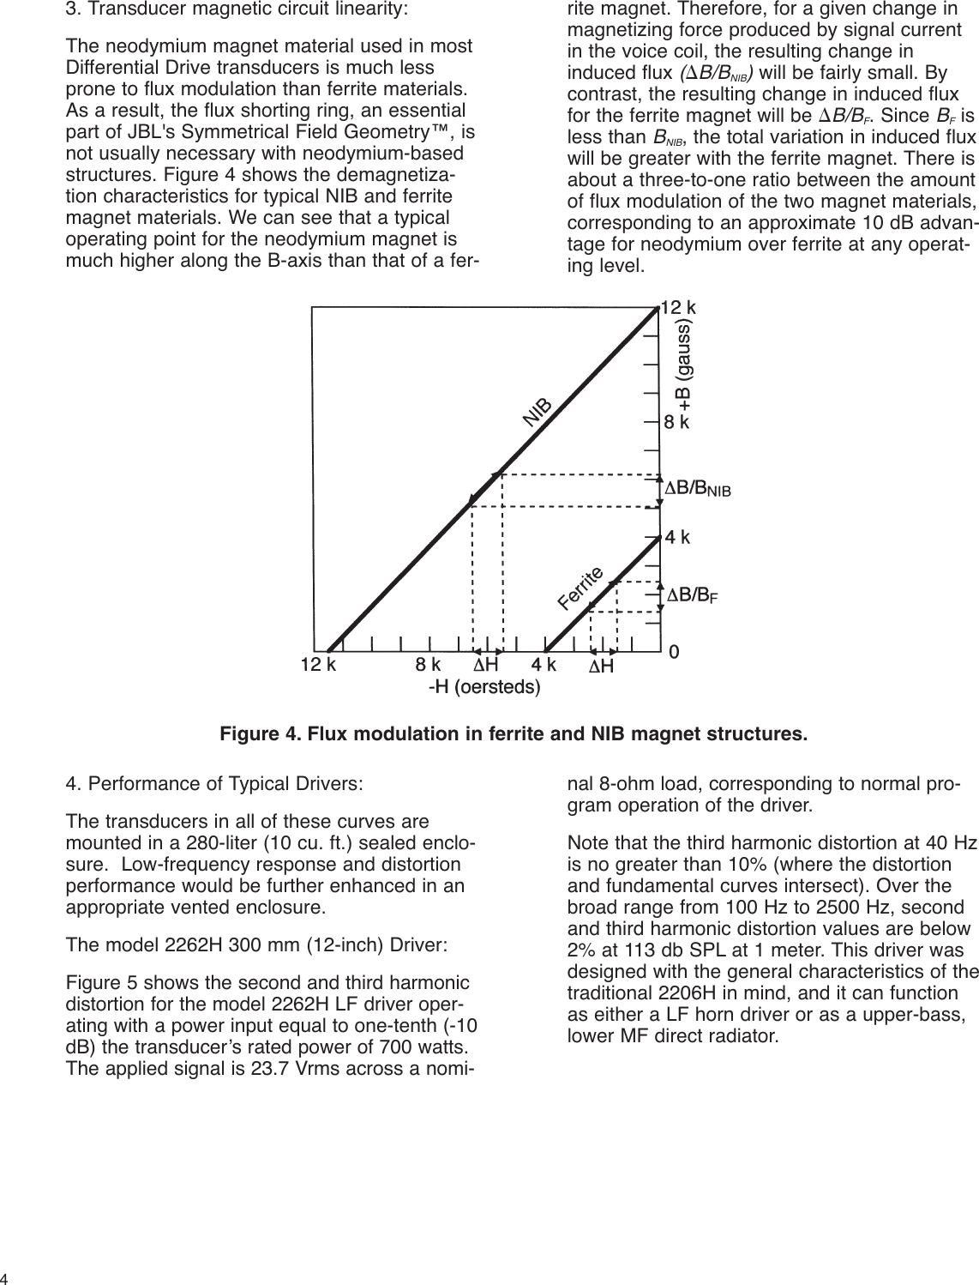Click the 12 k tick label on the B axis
pyautogui.click(x=680, y=307)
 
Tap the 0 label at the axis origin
pyautogui.click(x=674, y=653)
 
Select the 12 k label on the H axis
pyautogui.click(x=318, y=665)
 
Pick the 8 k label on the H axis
pyautogui.click(x=428, y=665)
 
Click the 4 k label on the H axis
pyautogui.click(x=544, y=665)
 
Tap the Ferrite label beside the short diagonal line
pyautogui.click(x=581, y=588)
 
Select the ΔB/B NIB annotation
pyautogui.click(x=699, y=489)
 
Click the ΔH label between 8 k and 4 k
pyautogui.click(x=487, y=665)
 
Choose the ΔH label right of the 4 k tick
pyautogui.click(x=601, y=667)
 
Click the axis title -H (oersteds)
pyautogui.click(x=484, y=687)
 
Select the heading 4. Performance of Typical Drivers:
pyautogui.click(x=214, y=784)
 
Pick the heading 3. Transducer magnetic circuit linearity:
pyautogui.click(x=237, y=12)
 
